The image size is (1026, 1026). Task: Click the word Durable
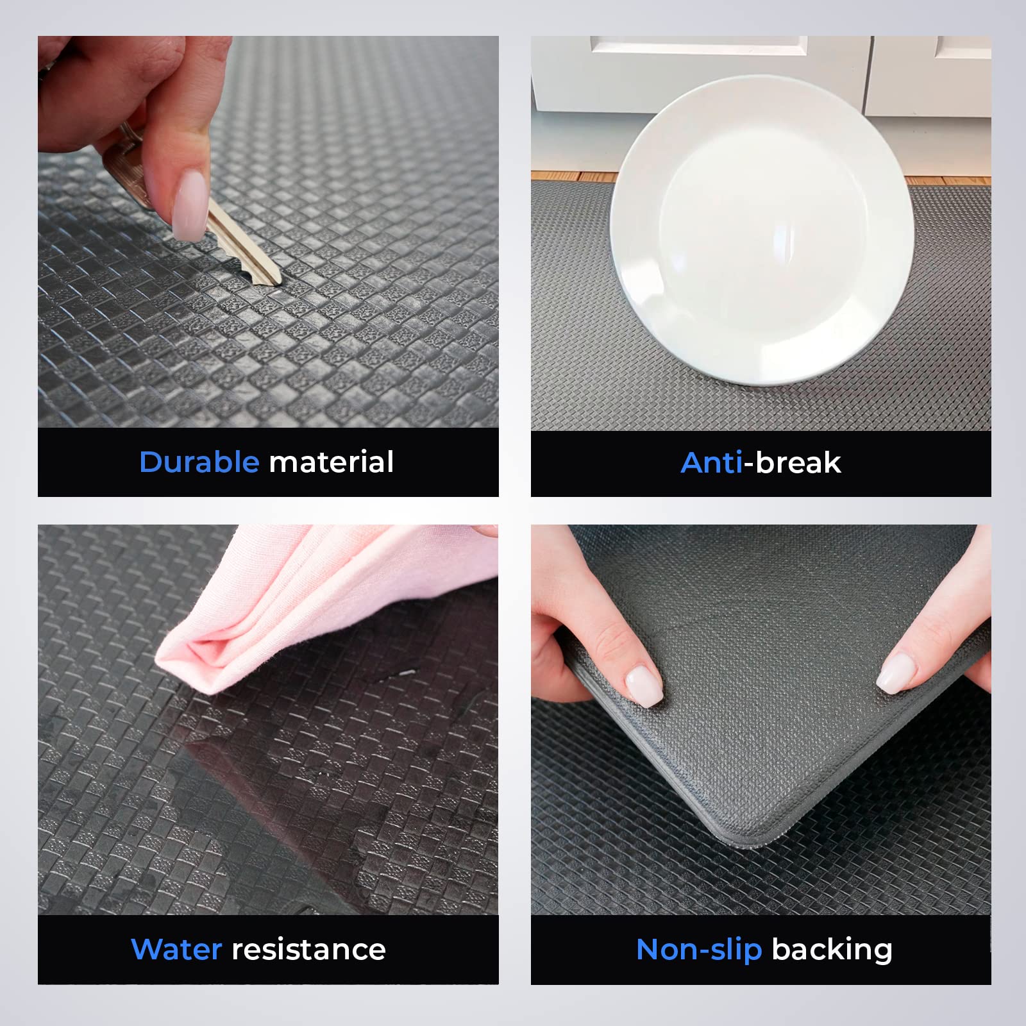pyautogui.click(x=199, y=462)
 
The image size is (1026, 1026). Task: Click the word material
pyautogui.click(x=331, y=462)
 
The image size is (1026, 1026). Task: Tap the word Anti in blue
pyautogui.click(x=712, y=463)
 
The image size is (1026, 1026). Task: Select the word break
pyautogui.click(x=798, y=463)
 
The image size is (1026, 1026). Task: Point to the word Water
pyautogui.click(x=176, y=950)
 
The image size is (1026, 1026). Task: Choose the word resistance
pyautogui.click(x=308, y=950)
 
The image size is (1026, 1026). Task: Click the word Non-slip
pyautogui.click(x=699, y=950)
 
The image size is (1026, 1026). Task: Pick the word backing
pyautogui.click(x=832, y=950)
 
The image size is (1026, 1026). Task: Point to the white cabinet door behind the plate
pyautogui.click(x=699, y=71)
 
